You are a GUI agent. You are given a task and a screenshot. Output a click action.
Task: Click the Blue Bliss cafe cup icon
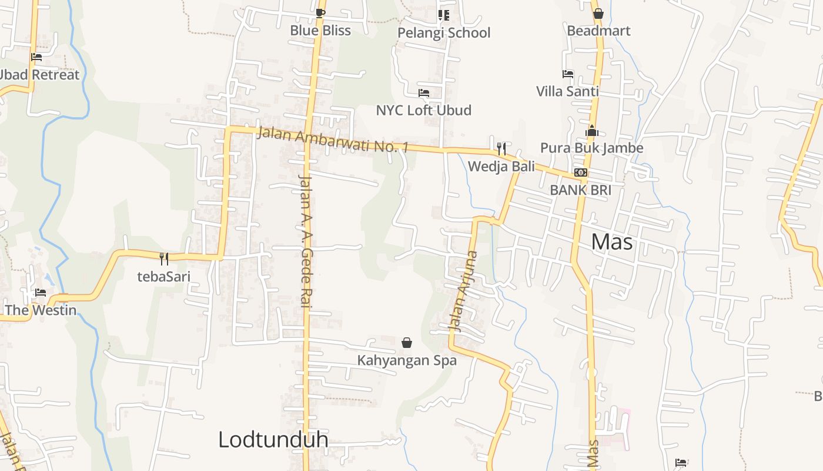[320, 13]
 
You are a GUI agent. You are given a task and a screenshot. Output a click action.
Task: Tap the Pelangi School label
[444, 33]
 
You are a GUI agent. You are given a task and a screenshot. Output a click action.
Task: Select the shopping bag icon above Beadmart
[598, 14]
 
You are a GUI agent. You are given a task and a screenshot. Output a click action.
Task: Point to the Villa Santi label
[567, 91]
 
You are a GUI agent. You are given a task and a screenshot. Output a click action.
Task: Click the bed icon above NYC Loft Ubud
[424, 93]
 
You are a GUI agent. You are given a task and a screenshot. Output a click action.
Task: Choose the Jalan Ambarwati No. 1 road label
[333, 139]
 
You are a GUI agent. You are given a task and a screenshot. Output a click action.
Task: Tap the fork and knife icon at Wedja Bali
[501, 148]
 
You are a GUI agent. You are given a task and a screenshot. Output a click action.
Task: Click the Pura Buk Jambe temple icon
[591, 131]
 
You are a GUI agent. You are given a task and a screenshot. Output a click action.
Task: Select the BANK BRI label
[580, 190]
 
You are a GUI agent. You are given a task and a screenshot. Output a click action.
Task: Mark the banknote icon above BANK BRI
[581, 173]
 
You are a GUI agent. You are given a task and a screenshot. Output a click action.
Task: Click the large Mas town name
[611, 241]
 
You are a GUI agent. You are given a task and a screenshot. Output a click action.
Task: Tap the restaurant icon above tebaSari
[164, 258]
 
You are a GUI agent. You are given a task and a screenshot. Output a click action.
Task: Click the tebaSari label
[164, 276]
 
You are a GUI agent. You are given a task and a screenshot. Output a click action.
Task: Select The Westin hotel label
[41, 310]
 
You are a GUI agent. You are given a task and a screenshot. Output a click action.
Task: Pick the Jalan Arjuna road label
[463, 291]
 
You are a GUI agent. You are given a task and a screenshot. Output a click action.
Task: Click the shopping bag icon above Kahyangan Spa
[406, 343]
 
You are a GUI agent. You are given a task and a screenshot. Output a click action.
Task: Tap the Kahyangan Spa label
[407, 360]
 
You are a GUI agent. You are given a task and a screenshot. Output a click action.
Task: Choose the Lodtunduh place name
[273, 440]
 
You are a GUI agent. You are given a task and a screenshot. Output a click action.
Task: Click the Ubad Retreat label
[39, 75]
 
